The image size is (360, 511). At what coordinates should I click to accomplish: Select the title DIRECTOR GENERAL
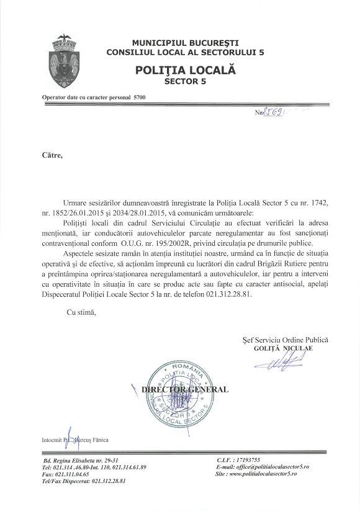[x=185, y=389]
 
